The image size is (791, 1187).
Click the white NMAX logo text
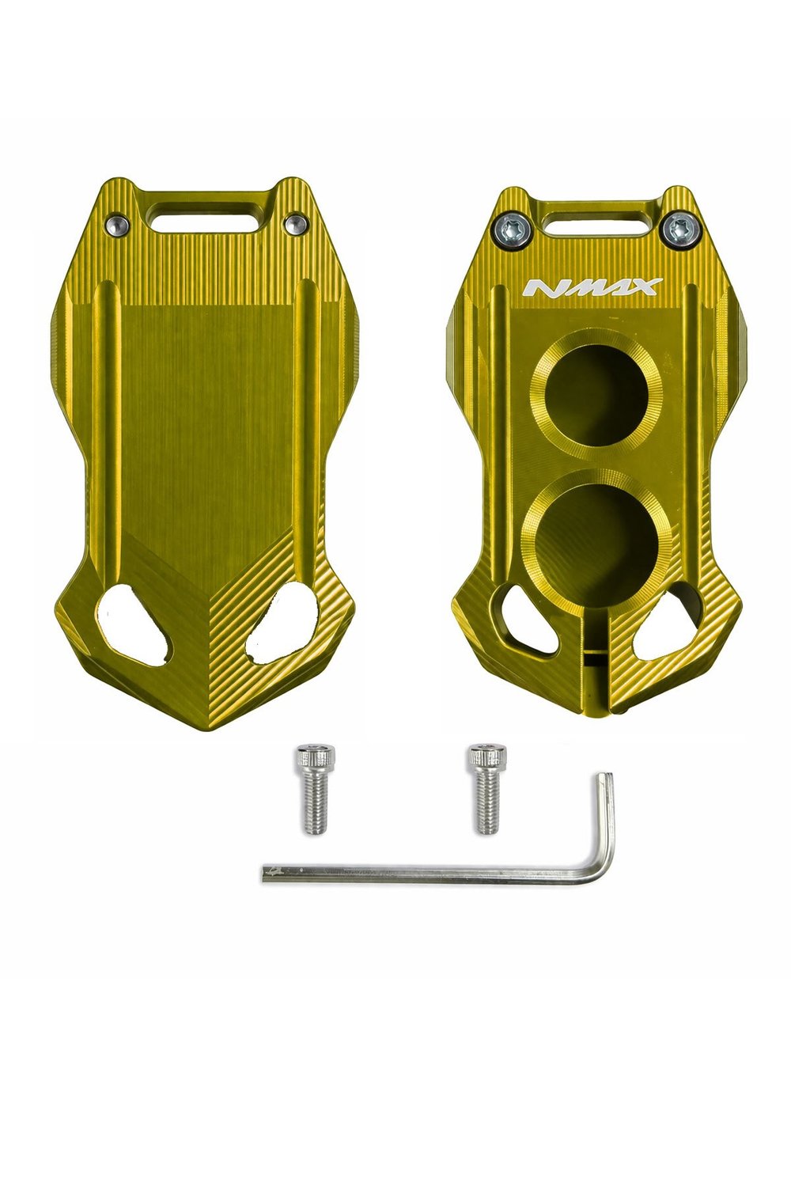pos(591,287)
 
